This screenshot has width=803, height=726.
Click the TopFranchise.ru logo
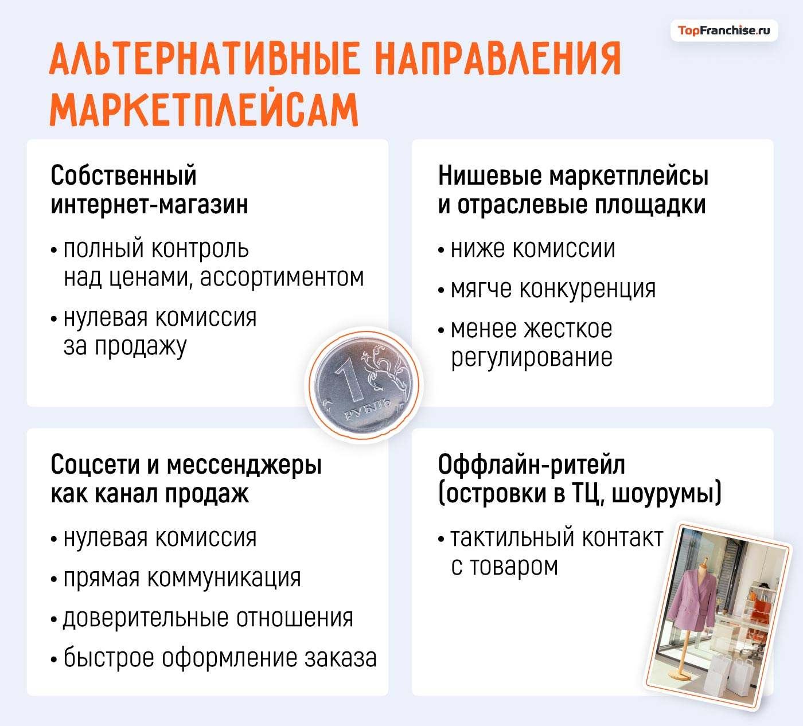(723, 30)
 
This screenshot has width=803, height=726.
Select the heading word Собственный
(123, 175)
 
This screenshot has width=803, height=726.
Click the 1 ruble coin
(364, 385)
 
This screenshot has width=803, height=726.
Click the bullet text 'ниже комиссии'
(532, 249)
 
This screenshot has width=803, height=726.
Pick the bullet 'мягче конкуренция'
(552, 289)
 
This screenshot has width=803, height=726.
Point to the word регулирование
(531, 358)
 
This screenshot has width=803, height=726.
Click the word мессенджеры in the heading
(244, 465)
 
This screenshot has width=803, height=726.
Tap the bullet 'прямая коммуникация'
(182, 578)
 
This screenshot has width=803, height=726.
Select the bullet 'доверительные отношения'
(208, 618)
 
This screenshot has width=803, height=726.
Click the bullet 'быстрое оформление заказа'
(220, 658)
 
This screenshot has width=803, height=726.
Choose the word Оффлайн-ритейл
(531, 465)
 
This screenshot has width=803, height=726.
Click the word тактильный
(512, 538)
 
